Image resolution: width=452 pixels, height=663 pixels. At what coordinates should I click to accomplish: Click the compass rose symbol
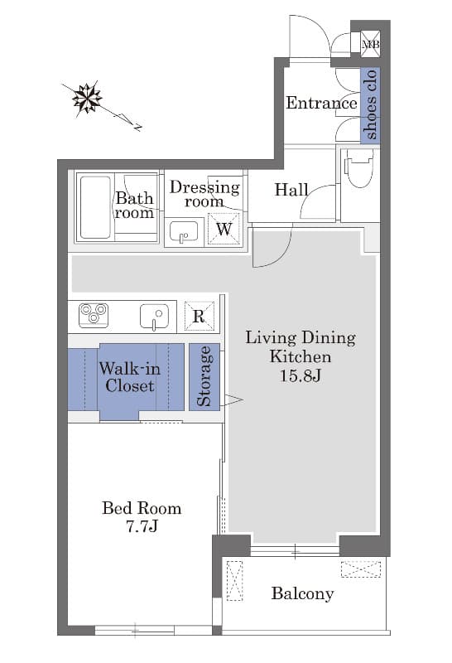pyautogui.click(x=87, y=98)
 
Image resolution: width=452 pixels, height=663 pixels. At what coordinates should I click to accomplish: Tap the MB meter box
pyautogui.click(x=371, y=44)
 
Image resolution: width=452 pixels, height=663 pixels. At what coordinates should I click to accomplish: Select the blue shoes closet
pyautogui.click(x=370, y=105)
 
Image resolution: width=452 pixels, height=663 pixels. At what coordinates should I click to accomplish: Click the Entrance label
pyautogui.click(x=321, y=103)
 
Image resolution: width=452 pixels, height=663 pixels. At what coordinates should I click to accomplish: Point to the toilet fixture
pyautogui.click(x=359, y=167)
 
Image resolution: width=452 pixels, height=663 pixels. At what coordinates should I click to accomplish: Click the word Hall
pyautogui.click(x=291, y=190)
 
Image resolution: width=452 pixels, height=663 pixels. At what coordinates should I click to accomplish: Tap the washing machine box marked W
pyautogui.click(x=224, y=229)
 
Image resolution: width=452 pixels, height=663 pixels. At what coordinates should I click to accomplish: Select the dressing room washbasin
pyautogui.click(x=184, y=232)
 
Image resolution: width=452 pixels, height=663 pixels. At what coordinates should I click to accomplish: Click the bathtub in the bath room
pyautogui.click(x=95, y=207)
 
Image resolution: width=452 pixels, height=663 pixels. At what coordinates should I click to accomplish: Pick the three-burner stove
pyautogui.click(x=94, y=315)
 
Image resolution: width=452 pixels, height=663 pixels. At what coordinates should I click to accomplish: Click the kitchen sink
pyautogui.click(x=154, y=316)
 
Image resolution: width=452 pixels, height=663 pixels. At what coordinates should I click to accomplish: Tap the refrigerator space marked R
pyautogui.click(x=199, y=316)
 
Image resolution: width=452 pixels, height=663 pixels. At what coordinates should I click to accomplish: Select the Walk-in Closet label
pyautogui.click(x=130, y=377)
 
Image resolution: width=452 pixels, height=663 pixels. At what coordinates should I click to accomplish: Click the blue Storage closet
pyautogui.click(x=204, y=376)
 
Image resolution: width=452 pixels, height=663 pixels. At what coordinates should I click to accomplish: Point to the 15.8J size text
pyautogui.click(x=301, y=375)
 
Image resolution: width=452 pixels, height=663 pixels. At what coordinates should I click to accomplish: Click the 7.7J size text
pyautogui.click(x=142, y=526)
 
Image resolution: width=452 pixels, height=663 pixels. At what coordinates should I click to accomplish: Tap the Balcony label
pyautogui.click(x=302, y=593)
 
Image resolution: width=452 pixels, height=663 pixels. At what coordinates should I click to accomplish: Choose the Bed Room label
pyautogui.click(x=142, y=508)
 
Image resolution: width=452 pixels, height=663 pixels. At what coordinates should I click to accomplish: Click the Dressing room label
pyautogui.click(x=204, y=194)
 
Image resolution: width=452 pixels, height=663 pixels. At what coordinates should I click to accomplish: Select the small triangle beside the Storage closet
pyautogui.click(x=233, y=400)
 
